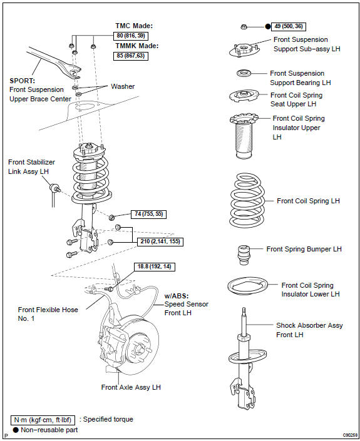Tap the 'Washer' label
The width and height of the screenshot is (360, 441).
click(123, 86)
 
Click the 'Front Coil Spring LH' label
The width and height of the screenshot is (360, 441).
click(308, 201)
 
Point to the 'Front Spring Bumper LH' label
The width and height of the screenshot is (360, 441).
click(304, 249)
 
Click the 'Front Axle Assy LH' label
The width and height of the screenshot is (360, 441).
click(131, 387)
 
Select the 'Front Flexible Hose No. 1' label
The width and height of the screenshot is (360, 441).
click(48, 314)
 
